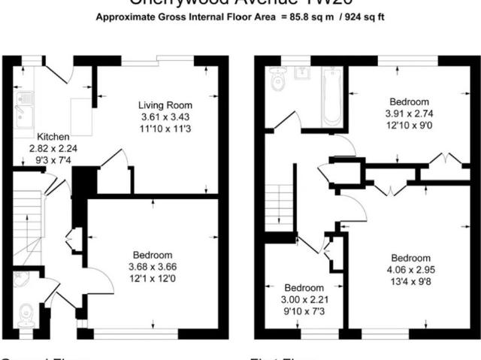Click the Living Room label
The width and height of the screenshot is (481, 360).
pos(165,105)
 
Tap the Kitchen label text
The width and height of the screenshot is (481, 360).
pos(54,137)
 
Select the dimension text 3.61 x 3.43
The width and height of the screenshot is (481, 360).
pos(165,117)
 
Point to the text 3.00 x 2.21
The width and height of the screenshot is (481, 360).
pos(304,300)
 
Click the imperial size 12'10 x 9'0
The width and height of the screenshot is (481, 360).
pos(409,127)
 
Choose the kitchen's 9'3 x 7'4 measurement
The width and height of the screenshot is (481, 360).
pos(53,160)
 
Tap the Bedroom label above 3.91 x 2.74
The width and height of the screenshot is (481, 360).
pos(409,102)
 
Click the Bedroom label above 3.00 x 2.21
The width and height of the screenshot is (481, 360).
pos(304,288)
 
